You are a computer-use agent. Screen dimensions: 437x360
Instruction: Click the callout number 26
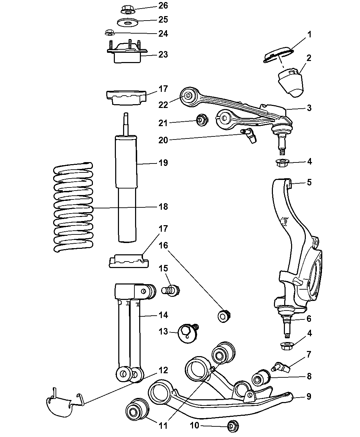click(163, 6)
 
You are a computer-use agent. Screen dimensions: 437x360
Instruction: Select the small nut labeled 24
click(109, 33)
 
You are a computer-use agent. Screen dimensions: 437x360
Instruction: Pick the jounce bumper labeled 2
click(291, 82)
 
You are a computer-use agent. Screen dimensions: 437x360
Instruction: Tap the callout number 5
click(309, 182)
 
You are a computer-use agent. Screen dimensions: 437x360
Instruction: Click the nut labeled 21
click(201, 120)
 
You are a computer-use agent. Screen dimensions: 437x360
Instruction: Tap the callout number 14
click(163, 315)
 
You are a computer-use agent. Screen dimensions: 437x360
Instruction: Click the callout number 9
click(309, 397)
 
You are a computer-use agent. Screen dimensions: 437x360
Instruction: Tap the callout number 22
click(163, 105)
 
